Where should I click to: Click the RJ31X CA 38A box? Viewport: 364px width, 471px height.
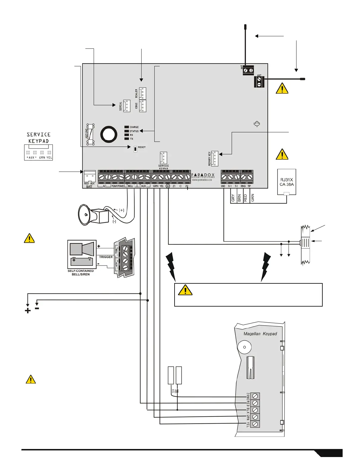[286, 182]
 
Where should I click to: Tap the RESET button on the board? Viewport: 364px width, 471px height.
[135, 148]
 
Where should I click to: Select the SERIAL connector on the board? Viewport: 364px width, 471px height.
[127, 106]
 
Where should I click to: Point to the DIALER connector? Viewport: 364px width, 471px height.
[142, 93]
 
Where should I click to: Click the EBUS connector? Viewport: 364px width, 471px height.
[142, 106]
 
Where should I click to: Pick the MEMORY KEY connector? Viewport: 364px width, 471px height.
[214, 158]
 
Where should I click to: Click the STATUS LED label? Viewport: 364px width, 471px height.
[134, 131]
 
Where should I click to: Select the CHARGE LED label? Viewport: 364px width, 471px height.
[134, 127]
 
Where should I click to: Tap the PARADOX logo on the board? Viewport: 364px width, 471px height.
[203, 175]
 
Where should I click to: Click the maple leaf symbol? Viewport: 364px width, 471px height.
[257, 124]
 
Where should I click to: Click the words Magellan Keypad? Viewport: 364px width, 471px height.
[260, 334]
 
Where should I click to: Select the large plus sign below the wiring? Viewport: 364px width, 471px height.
[28, 311]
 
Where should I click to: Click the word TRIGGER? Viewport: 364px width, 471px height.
[106, 257]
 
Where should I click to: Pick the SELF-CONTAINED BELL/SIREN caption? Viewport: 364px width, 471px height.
[81, 273]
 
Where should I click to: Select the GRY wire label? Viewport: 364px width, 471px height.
[233, 198]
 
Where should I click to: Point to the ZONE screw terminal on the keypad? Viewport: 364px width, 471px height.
[255, 396]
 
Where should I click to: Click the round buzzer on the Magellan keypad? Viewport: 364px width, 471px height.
[244, 347]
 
